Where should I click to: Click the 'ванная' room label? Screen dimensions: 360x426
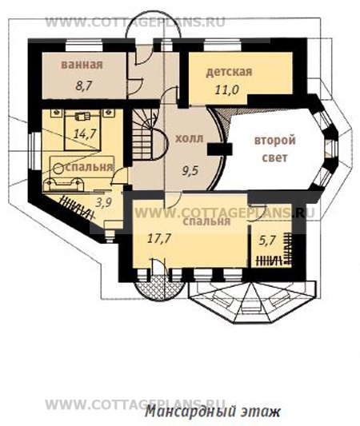[82, 65]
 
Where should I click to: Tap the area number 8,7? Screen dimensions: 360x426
[84, 86]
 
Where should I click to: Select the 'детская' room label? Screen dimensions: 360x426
[229, 72]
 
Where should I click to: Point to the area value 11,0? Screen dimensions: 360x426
[226, 90]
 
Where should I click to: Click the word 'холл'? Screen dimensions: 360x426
[189, 138]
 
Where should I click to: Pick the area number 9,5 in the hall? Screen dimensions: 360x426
[190, 171]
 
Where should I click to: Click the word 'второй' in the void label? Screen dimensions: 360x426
[275, 141]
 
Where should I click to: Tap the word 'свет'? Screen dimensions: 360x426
[274, 157]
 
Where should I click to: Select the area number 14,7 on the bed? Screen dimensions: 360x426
[85, 133]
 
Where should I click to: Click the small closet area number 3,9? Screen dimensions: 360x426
[104, 202]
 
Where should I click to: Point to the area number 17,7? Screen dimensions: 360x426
[159, 238]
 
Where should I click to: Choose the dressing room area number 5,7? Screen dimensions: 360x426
[268, 241]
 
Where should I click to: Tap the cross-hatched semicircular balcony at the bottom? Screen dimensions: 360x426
[158, 288]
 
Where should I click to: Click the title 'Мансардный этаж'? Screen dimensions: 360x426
[212, 412]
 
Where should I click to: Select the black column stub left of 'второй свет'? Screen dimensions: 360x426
[220, 149]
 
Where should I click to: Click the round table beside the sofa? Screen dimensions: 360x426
[58, 169]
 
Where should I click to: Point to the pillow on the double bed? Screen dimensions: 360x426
[82, 117]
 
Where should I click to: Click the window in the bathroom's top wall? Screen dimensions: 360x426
[84, 46]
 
